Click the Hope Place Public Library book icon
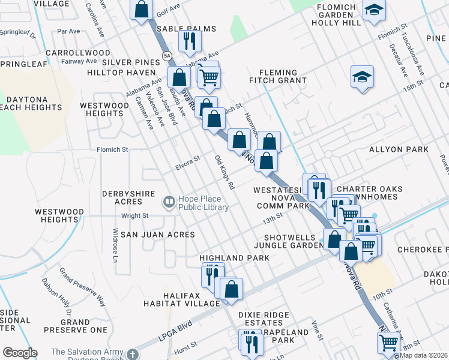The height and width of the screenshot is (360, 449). point(169,202)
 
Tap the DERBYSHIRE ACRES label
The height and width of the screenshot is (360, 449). point(132,198)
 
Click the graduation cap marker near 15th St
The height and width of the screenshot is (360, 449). point(362,77)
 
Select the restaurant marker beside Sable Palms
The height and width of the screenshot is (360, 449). point(190,41)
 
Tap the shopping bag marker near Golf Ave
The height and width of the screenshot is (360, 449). point(142,10)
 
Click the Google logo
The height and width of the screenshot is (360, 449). point(20,352)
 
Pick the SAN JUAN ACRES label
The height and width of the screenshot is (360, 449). point(157,234)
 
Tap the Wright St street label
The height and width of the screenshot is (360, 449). point(135,215)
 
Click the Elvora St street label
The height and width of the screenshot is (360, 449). point(188,163)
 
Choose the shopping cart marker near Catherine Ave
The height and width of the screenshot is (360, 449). point(388,343)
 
